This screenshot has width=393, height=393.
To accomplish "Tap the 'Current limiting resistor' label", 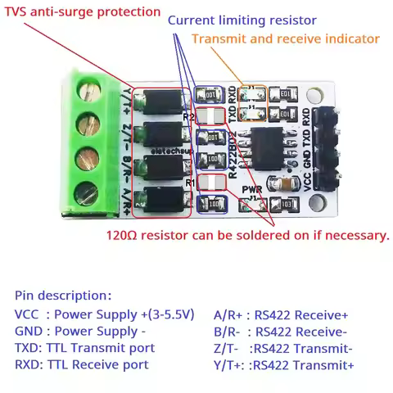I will [x=254, y=20].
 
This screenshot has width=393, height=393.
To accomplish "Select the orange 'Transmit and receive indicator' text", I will [x=285, y=38].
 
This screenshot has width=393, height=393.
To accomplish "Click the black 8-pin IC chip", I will [x=271, y=147].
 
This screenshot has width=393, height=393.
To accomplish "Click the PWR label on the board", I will [x=253, y=189].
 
